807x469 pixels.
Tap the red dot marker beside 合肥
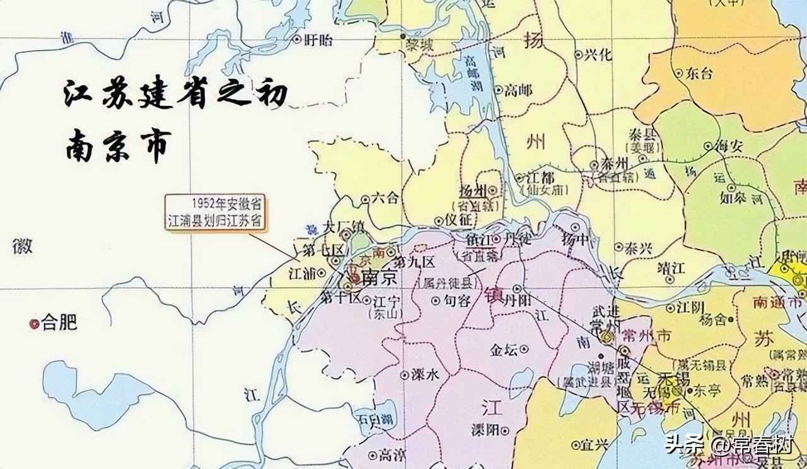click(x=34, y=324)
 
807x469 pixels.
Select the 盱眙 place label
click(x=318, y=40)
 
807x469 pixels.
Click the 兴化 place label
click(x=598, y=55)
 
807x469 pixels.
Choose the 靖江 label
click(x=670, y=267)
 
